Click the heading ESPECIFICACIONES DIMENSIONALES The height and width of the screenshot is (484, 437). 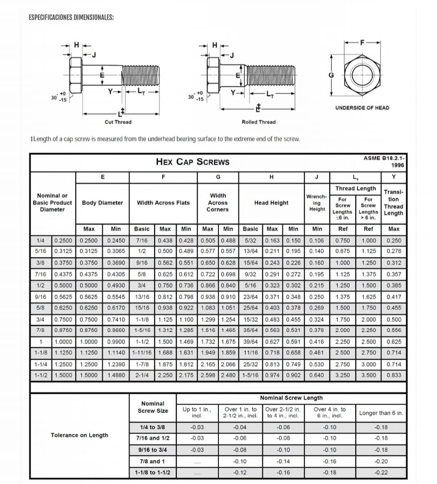click(x=71, y=17)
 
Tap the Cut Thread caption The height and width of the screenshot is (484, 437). click(x=118, y=122)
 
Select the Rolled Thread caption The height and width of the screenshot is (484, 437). click(x=259, y=122)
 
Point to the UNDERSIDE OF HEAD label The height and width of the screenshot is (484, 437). click(x=362, y=108)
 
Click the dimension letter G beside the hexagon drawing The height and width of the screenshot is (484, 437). click(x=331, y=75)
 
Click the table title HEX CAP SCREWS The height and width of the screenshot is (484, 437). click(x=193, y=162)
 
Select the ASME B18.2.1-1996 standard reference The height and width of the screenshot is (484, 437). click(x=384, y=161)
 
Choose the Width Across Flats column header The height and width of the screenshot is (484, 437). click(x=163, y=203)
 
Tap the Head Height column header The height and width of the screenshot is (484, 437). click(x=271, y=203)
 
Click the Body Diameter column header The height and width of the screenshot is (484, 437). click(x=102, y=203)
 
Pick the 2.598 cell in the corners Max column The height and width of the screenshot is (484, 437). click(x=208, y=375)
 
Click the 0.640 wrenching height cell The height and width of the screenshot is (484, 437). click(x=316, y=375)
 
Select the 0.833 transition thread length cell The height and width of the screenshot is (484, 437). click(x=394, y=375)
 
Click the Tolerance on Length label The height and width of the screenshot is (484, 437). click(x=79, y=435)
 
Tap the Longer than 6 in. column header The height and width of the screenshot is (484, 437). click(x=381, y=413)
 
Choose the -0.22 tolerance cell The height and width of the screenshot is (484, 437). click(x=381, y=472)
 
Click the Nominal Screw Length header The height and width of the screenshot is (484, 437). click(x=291, y=398)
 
